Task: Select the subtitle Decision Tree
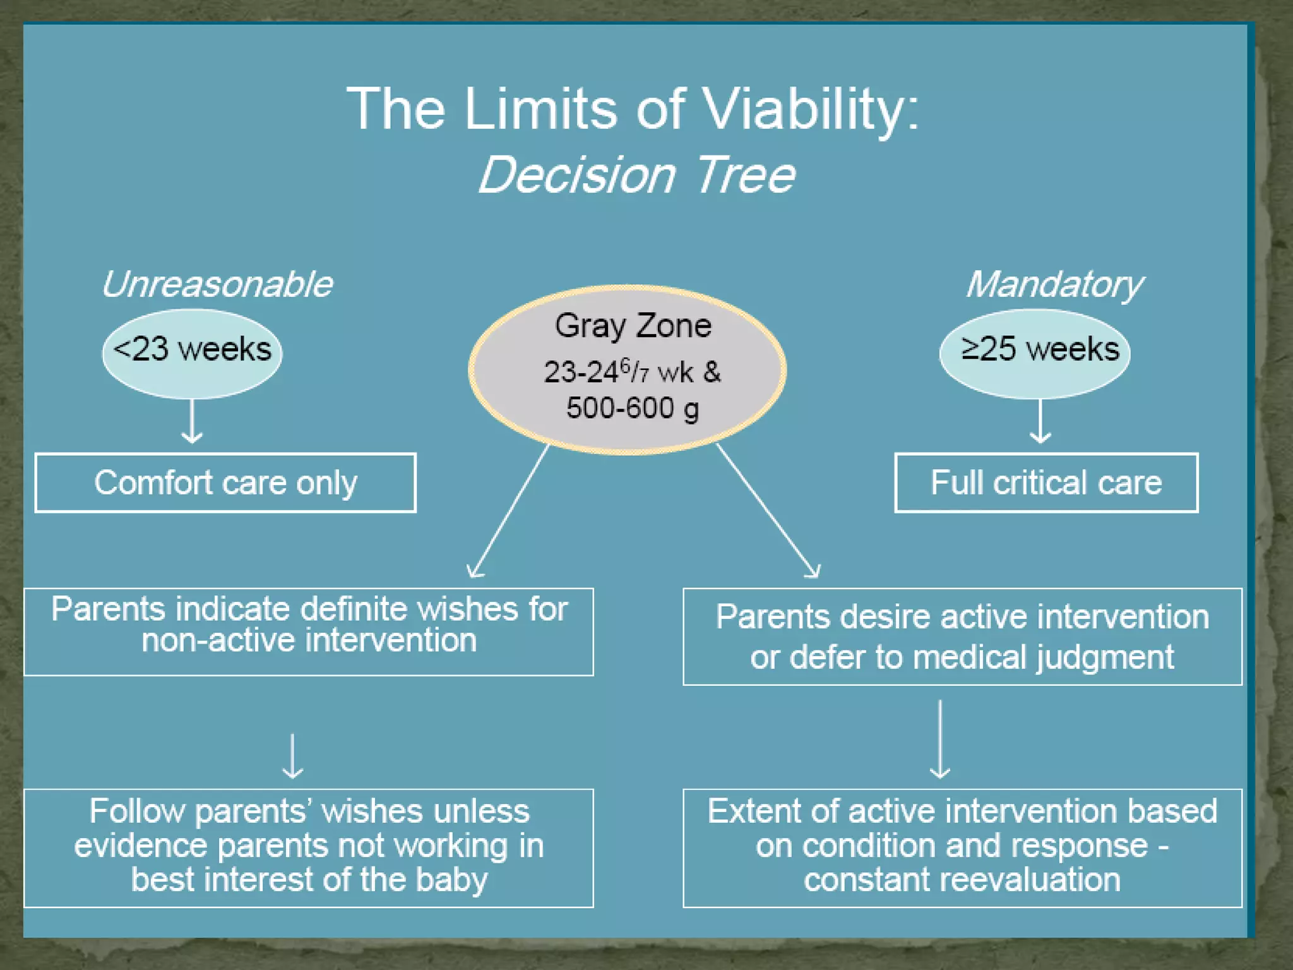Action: (636, 176)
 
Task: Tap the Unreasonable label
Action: (217, 284)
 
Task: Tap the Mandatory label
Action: (1054, 284)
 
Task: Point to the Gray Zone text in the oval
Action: (633, 326)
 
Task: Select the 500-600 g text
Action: (632, 409)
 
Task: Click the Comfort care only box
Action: (225, 482)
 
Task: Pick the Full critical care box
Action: (1046, 482)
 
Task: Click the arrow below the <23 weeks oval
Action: (192, 421)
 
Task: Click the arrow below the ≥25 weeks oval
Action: (1040, 421)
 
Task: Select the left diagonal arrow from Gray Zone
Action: (509, 510)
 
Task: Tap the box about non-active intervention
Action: (309, 632)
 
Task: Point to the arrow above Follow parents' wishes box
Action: (292, 756)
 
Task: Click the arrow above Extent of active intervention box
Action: (940, 739)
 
